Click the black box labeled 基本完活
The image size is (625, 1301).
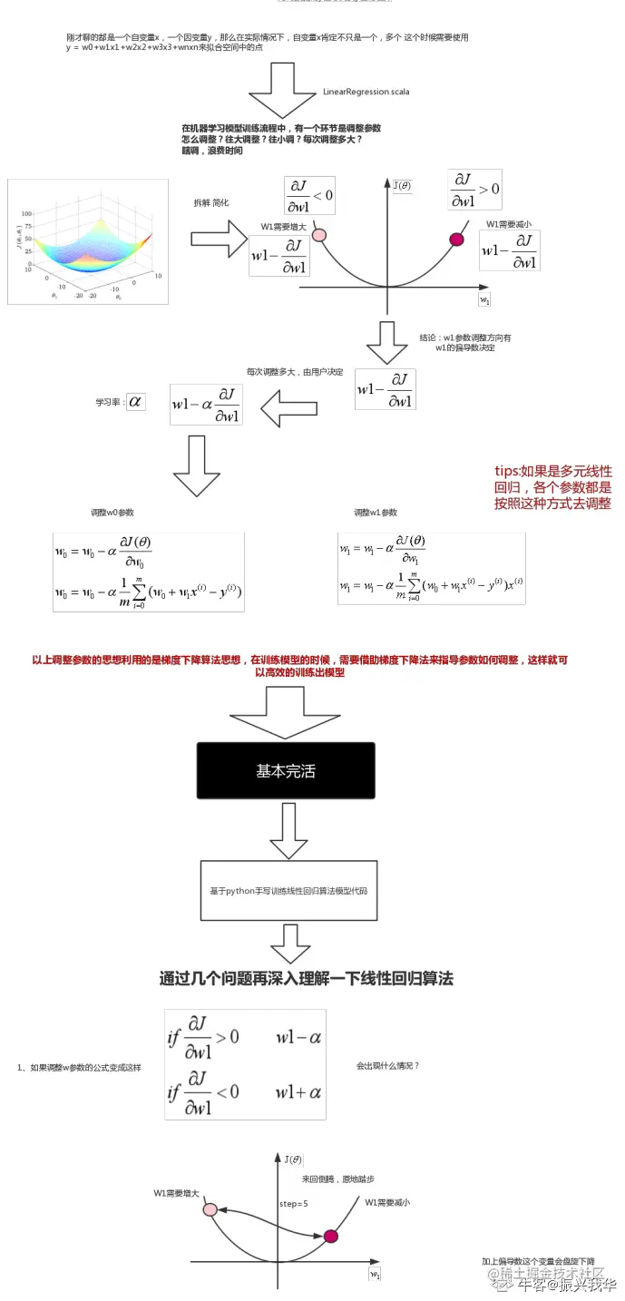(x=286, y=770)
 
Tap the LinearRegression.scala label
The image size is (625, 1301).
(x=366, y=92)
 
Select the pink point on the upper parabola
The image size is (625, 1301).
(x=318, y=235)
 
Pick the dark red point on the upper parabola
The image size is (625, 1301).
(x=457, y=240)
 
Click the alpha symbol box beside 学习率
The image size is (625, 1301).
(x=135, y=400)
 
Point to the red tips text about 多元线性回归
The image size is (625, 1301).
(x=552, y=487)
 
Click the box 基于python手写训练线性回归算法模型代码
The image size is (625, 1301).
(x=288, y=891)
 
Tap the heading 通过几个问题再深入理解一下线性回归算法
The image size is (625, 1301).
(x=306, y=978)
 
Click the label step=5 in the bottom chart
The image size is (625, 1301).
(x=294, y=1203)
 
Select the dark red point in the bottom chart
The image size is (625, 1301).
(x=330, y=1236)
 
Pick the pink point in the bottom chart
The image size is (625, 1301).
(x=210, y=1209)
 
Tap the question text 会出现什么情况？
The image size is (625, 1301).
(x=388, y=1065)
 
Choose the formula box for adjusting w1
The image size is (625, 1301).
(x=431, y=568)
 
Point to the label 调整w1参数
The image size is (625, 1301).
(x=376, y=513)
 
